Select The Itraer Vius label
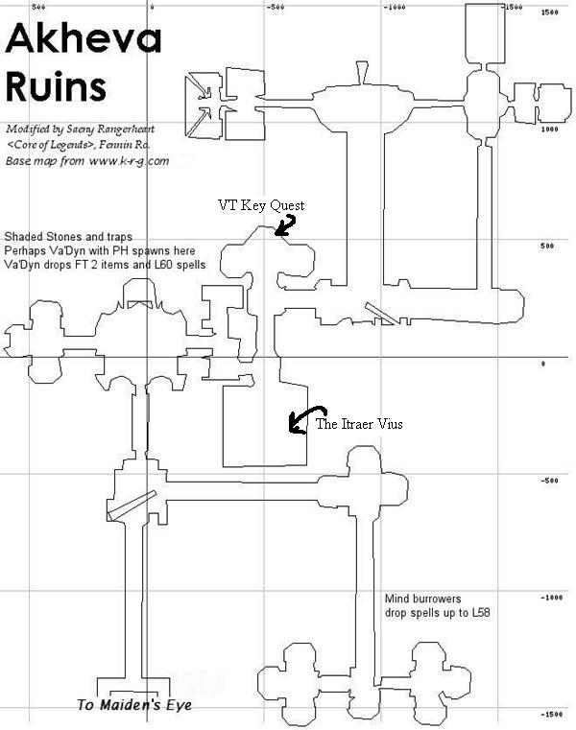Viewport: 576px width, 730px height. pyautogui.click(x=360, y=424)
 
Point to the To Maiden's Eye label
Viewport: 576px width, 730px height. pyautogui.click(x=134, y=706)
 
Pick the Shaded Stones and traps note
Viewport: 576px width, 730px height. pyautogui.click(x=68, y=236)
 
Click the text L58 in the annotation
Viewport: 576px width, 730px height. pyautogui.click(x=479, y=613)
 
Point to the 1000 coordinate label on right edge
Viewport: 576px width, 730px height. pyautogui.click(x=550, y=129)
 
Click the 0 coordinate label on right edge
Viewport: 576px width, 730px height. pyautogui.click(x=543, y=364)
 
